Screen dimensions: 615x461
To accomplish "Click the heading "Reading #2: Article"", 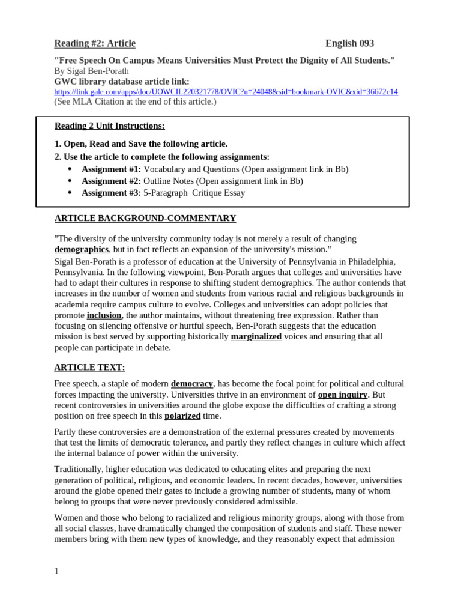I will (x=95, y=43).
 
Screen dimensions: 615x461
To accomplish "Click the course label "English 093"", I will (x=349, y=43).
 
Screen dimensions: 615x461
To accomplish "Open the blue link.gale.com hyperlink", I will (x=226, y=92).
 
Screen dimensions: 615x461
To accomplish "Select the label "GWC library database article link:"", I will (x=122, y=81).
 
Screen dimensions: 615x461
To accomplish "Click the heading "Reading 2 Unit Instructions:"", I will (x=109, y=126).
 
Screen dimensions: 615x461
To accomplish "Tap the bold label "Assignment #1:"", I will (x=111, y=169).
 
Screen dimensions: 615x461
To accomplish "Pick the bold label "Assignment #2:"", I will (x=111, y=181).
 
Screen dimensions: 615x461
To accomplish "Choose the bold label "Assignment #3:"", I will (x=111, y=193).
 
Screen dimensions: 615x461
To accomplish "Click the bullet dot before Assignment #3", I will (x=70, y=193).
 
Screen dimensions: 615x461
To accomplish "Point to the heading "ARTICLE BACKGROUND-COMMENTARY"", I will (x=145, y=218).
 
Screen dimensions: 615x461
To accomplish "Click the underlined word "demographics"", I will (x=82, y=249).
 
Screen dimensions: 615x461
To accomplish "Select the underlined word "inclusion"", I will (x=104, y=315).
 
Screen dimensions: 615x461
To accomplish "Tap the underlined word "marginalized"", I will (x=256, y=336).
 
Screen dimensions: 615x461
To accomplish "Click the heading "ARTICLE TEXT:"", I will (x=89, y=367).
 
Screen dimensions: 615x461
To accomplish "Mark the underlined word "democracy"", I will (x=191, y=383).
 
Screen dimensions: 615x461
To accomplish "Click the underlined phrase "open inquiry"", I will (x=342, y=395).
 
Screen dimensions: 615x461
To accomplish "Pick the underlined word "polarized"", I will (x=182, y=416).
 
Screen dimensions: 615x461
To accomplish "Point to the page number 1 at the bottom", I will (x=56, y=571).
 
